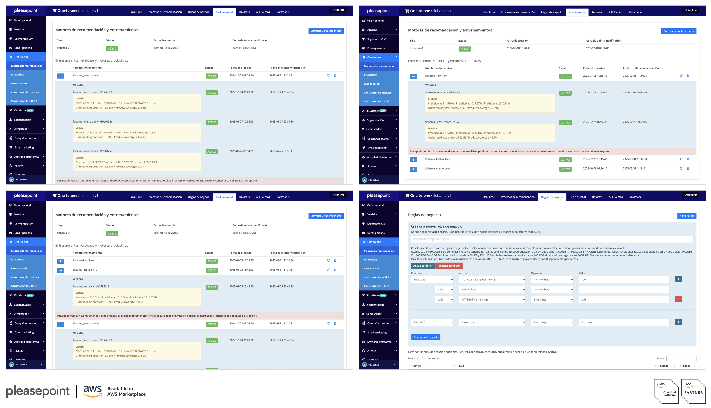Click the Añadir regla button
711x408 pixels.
[x=686, y=216]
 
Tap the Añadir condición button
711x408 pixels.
[x=423, y=266]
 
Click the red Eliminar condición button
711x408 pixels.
[x=449, y=266]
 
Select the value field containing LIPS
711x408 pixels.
[x=624, y=300]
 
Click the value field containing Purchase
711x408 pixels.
[x=624, y=322]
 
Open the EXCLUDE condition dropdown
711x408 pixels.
[x=432, y=322]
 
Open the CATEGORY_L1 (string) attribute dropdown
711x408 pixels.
[x=492, y=300]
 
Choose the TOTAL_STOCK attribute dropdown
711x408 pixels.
[x=492, y=280]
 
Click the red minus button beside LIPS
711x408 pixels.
[x=678, y=299]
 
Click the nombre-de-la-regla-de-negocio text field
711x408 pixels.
[x=552, y=239]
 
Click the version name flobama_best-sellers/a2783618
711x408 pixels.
[x=91, y=286]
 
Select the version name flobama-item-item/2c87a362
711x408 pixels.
[x=442, y=122]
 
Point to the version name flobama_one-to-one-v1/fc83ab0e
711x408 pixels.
[x=92, y=151]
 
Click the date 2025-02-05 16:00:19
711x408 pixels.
[x=281, y=286]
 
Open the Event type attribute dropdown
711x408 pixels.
[x=492, y=322]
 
